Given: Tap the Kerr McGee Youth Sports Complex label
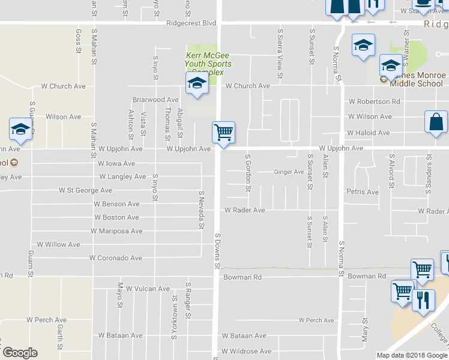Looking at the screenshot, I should (x=208, y=64).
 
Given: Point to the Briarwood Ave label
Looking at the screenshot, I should (x=155, y=100).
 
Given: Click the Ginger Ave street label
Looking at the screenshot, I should (x=289, y=172).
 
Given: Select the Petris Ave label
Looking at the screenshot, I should (x=362, y=192).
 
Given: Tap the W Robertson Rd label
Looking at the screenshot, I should (x=374, y=101).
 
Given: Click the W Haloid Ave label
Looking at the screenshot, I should (x=369, y=133).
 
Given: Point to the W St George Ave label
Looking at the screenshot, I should (x=85, y=190).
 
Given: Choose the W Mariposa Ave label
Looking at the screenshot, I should (x=116, y=230).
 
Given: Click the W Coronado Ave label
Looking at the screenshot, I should (x=115, y=258).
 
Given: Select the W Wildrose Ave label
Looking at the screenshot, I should (x=246, y=351).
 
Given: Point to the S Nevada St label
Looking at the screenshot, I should (x=202, y=209).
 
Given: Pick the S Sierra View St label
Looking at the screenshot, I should (x=280, y=53).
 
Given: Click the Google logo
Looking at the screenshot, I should (x=19, y=353).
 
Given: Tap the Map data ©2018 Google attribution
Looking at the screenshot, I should (x=411, y=355).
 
